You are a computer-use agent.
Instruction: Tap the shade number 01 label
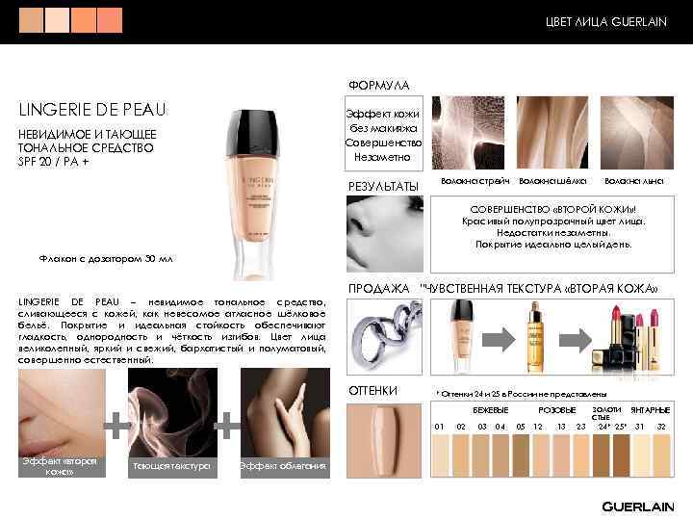point(439,426)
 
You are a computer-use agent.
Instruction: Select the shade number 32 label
point(661,426)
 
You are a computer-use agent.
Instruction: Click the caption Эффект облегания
point(283,467)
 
